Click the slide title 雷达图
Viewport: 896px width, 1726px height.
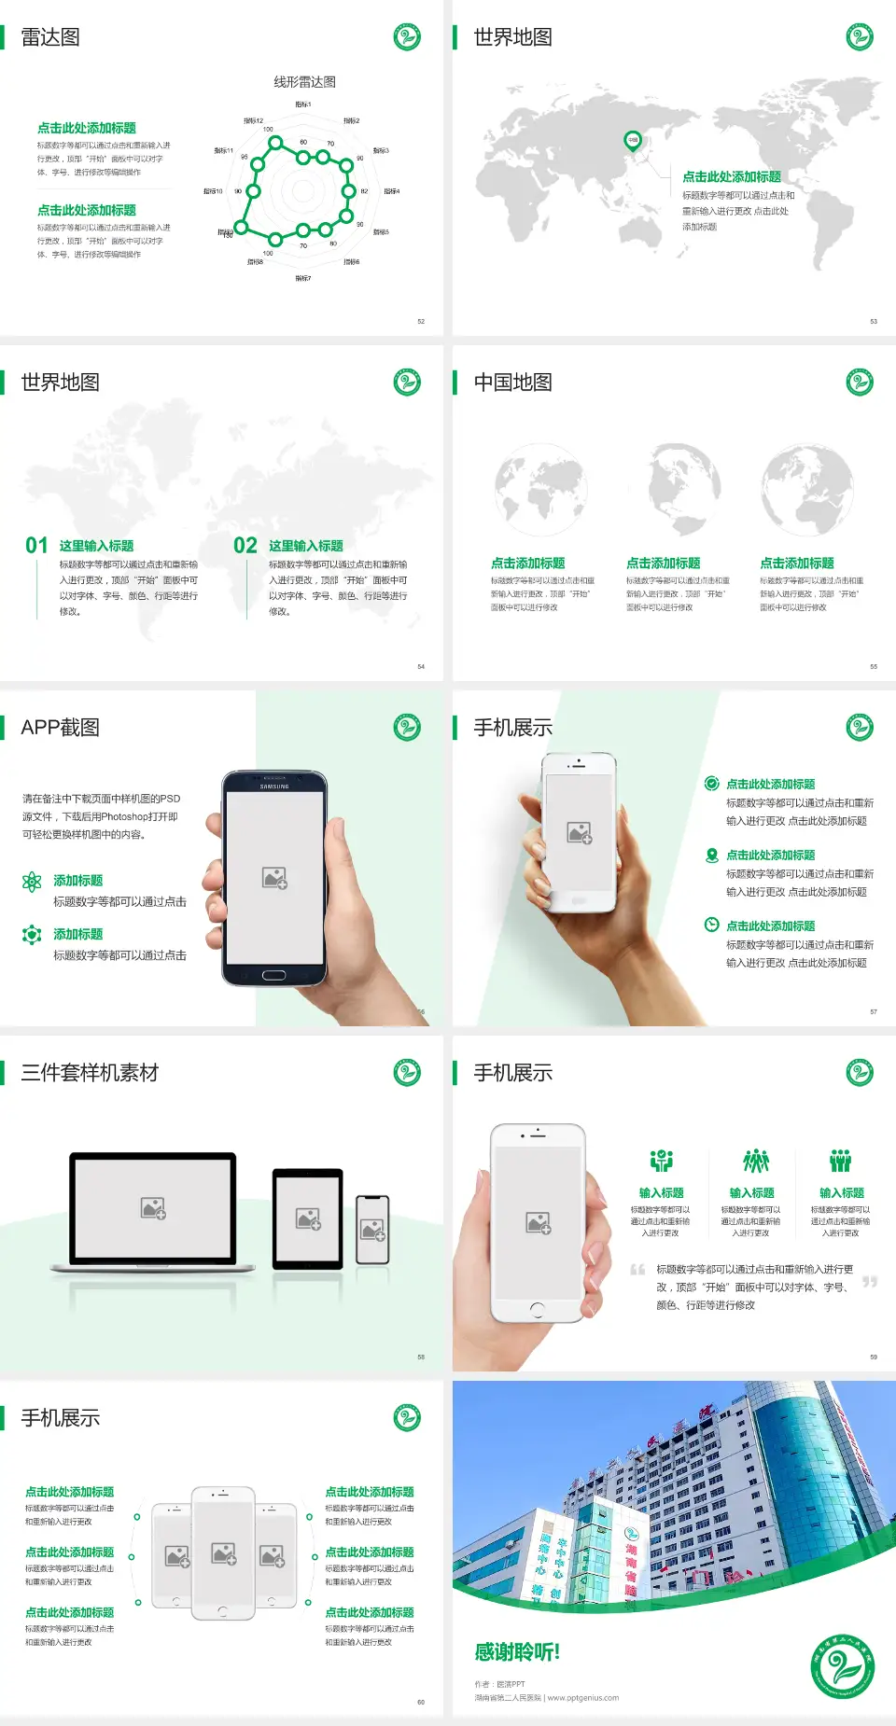(50, 37)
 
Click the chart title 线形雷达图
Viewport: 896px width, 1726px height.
(304, 82)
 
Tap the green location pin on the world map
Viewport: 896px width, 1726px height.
(632, 141)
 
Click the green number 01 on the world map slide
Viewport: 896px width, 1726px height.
(36, 546)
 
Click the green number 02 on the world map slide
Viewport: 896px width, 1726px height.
(245, 546)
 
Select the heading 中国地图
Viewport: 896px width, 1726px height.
(512, 383)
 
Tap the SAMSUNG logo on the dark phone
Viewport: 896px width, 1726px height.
(274, 786)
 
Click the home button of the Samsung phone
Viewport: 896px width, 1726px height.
(273, 975)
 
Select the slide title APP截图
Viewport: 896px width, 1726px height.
(61, 728)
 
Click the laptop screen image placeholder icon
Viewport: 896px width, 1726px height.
(153, 1208)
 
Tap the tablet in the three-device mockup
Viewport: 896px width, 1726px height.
(308, 1218)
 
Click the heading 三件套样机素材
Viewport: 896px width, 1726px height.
(90, 1073)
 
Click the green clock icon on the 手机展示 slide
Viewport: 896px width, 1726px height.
(711, 925)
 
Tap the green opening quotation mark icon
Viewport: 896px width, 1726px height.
(637, 1270)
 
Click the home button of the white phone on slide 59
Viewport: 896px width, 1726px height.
(537, 1310)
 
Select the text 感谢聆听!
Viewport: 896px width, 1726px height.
(517, 1652)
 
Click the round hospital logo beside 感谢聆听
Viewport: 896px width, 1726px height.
(842, 1666)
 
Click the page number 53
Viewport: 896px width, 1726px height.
(874, 321)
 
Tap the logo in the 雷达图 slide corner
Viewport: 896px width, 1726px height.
(407, 37)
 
